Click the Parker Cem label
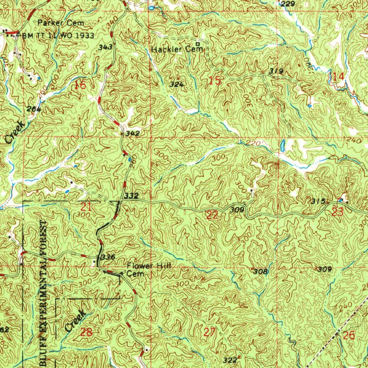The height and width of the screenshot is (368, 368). click(x=61, y=23)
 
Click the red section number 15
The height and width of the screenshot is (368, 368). click(x=215, y=81)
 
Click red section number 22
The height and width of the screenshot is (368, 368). click(x=212, y=215)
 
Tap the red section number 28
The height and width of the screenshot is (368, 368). click(x=87, y=332)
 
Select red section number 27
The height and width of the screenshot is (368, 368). click(x=209, y=332)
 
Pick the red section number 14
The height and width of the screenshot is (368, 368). click(x=338, y=76)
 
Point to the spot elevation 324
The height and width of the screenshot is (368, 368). click(x=177, y=85)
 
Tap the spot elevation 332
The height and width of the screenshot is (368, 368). click(x=132, y=196)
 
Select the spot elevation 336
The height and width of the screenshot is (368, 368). click(x=107, y=257)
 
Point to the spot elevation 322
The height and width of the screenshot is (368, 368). click(x=230, y=360)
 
